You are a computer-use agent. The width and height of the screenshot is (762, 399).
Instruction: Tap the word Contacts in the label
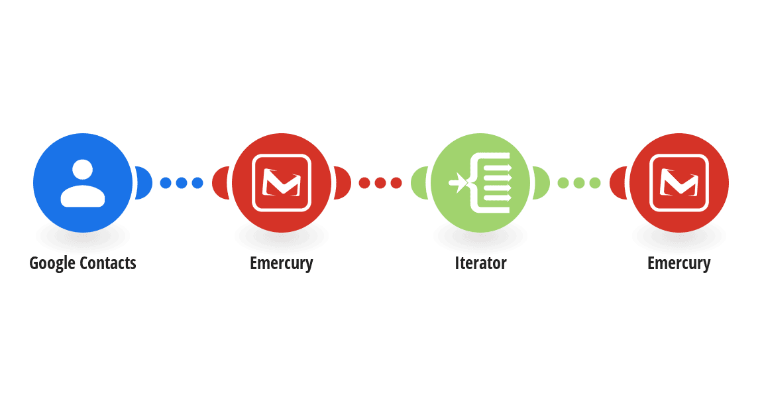(108, 263)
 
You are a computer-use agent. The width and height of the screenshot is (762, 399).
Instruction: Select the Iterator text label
(480, 263)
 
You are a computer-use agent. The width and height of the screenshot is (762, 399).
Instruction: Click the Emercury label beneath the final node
(679, 263)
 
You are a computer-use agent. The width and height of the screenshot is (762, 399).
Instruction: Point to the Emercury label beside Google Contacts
(282, 263)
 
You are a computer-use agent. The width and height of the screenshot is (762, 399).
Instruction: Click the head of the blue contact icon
(83, 170)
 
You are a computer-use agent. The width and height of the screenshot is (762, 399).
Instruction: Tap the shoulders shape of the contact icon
(83, 196)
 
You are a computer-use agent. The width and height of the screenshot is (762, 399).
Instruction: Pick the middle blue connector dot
(182, 183)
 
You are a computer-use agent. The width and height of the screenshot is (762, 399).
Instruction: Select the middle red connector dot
(380, 183)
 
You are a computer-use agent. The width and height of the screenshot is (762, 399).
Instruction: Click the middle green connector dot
(579, 183)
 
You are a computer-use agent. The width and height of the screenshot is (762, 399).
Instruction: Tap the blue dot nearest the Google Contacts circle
(166, 183)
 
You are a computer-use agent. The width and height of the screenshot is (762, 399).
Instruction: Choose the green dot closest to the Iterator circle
(563, 183)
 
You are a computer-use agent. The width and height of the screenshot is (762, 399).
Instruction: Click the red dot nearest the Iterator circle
(396, 183)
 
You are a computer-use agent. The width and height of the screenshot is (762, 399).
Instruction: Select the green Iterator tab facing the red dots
(418, 183)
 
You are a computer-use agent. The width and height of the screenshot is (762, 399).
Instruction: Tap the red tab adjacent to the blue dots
(220, 183)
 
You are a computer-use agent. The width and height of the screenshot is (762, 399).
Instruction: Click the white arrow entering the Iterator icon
(458, 183)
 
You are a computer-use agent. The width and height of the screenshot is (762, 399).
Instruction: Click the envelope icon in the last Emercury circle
(679, 183)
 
